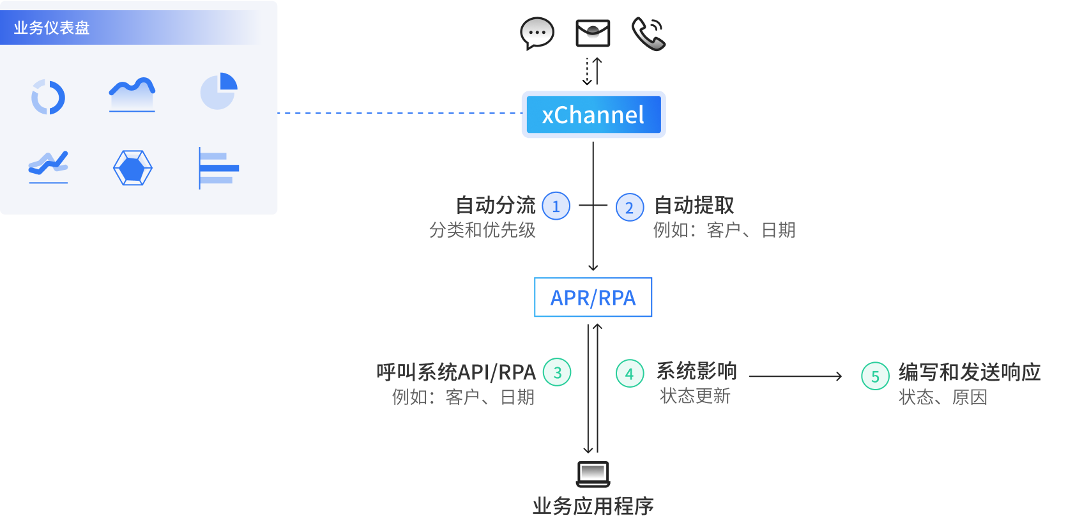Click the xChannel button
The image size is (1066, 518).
click(x=593, y=115)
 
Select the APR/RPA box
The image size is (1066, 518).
click(x=593, y=298)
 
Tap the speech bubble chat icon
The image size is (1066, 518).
click(x=537, y=33)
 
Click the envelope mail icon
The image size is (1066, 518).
click(x=593, y=33)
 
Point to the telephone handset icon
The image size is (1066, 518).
click(x=648, y=34)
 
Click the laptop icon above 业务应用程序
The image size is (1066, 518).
click(x=593, y=474)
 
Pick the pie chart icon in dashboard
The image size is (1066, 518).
click(x=218, y=91)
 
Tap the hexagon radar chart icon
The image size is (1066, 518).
click(x=133, y=168)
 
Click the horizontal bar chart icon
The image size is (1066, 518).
click(x=218, y=168)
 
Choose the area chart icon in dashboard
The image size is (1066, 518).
click(x=132, y=95)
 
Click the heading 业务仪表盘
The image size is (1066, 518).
click(x=52, y=28)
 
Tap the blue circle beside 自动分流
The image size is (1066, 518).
click(x=556, y=206)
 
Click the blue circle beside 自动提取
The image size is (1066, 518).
click(x=630, y=207)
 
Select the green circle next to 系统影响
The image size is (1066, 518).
click(x=630, y=373)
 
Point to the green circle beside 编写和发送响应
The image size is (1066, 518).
click(x=875, y=376)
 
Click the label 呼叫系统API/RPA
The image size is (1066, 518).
click(x=456, y=372)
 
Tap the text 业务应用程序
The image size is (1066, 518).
click(x=593, y=506)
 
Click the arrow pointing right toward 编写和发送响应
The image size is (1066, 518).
click(x=796, y=376)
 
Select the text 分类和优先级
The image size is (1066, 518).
click(x=482, y=230)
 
